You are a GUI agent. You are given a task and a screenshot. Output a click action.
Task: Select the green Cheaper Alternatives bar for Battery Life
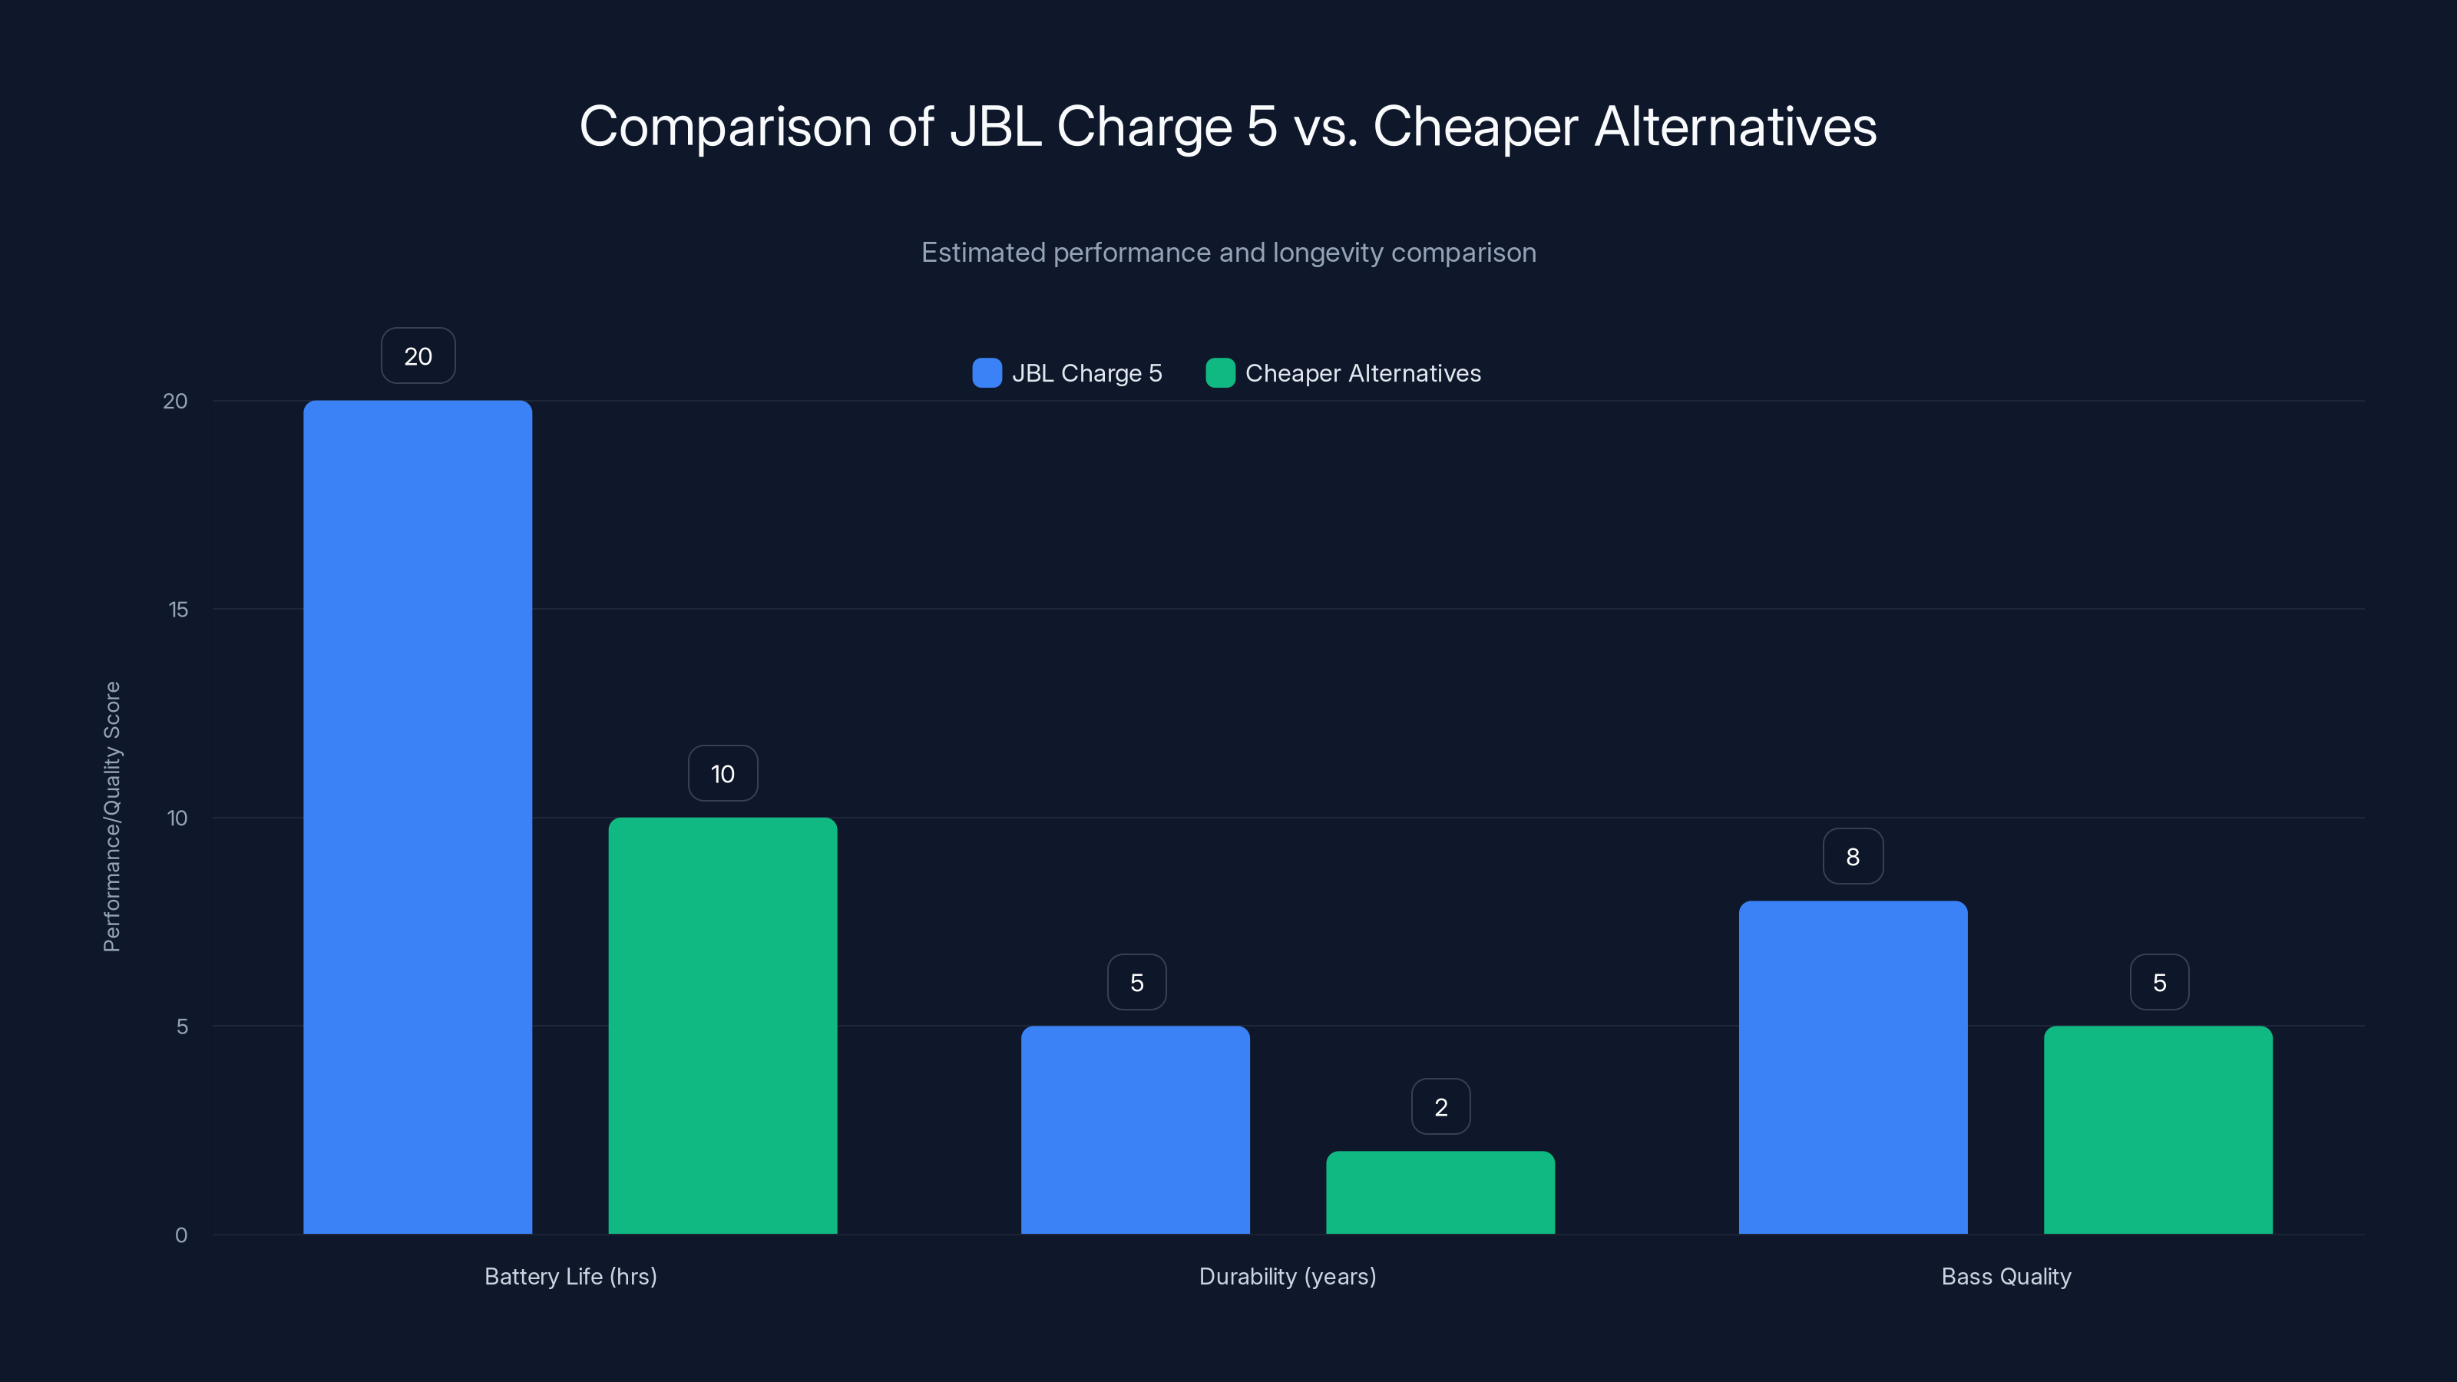coord(722,1025)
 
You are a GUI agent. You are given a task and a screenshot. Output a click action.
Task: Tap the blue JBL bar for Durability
coord(1135,1129)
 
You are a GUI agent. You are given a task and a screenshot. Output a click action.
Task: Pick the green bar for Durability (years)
coord(1440,1192)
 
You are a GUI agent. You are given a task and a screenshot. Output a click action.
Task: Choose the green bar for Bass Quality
coord(2158,1129)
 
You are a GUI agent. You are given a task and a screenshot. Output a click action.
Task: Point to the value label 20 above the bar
coord(418,355)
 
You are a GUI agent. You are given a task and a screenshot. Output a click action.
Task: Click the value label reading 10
coord(722,773)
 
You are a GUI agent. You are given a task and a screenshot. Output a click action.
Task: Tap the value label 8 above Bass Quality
coord(1852,857)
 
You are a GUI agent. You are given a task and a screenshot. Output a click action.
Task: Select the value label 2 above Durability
coord(1440,1106)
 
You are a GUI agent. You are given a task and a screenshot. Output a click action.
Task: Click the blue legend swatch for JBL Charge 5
coord(986,373)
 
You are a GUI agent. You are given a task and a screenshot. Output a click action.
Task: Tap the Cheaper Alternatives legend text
coord(1362,373)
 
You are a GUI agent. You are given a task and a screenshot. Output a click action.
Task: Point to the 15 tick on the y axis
coord(177,610)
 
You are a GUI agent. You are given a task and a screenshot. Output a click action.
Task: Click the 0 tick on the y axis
coord(180,1235)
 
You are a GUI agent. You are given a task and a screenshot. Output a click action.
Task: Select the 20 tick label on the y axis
coord(174,401)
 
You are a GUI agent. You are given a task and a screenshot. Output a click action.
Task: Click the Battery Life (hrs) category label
coord(570,1276)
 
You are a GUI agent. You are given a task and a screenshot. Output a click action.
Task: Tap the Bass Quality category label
coord(2005,1276)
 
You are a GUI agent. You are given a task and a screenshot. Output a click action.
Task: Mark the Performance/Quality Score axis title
coord(111,816)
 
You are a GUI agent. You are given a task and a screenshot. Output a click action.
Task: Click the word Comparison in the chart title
coord(725,127)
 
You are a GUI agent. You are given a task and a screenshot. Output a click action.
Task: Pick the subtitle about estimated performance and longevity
coord(1228,253)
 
